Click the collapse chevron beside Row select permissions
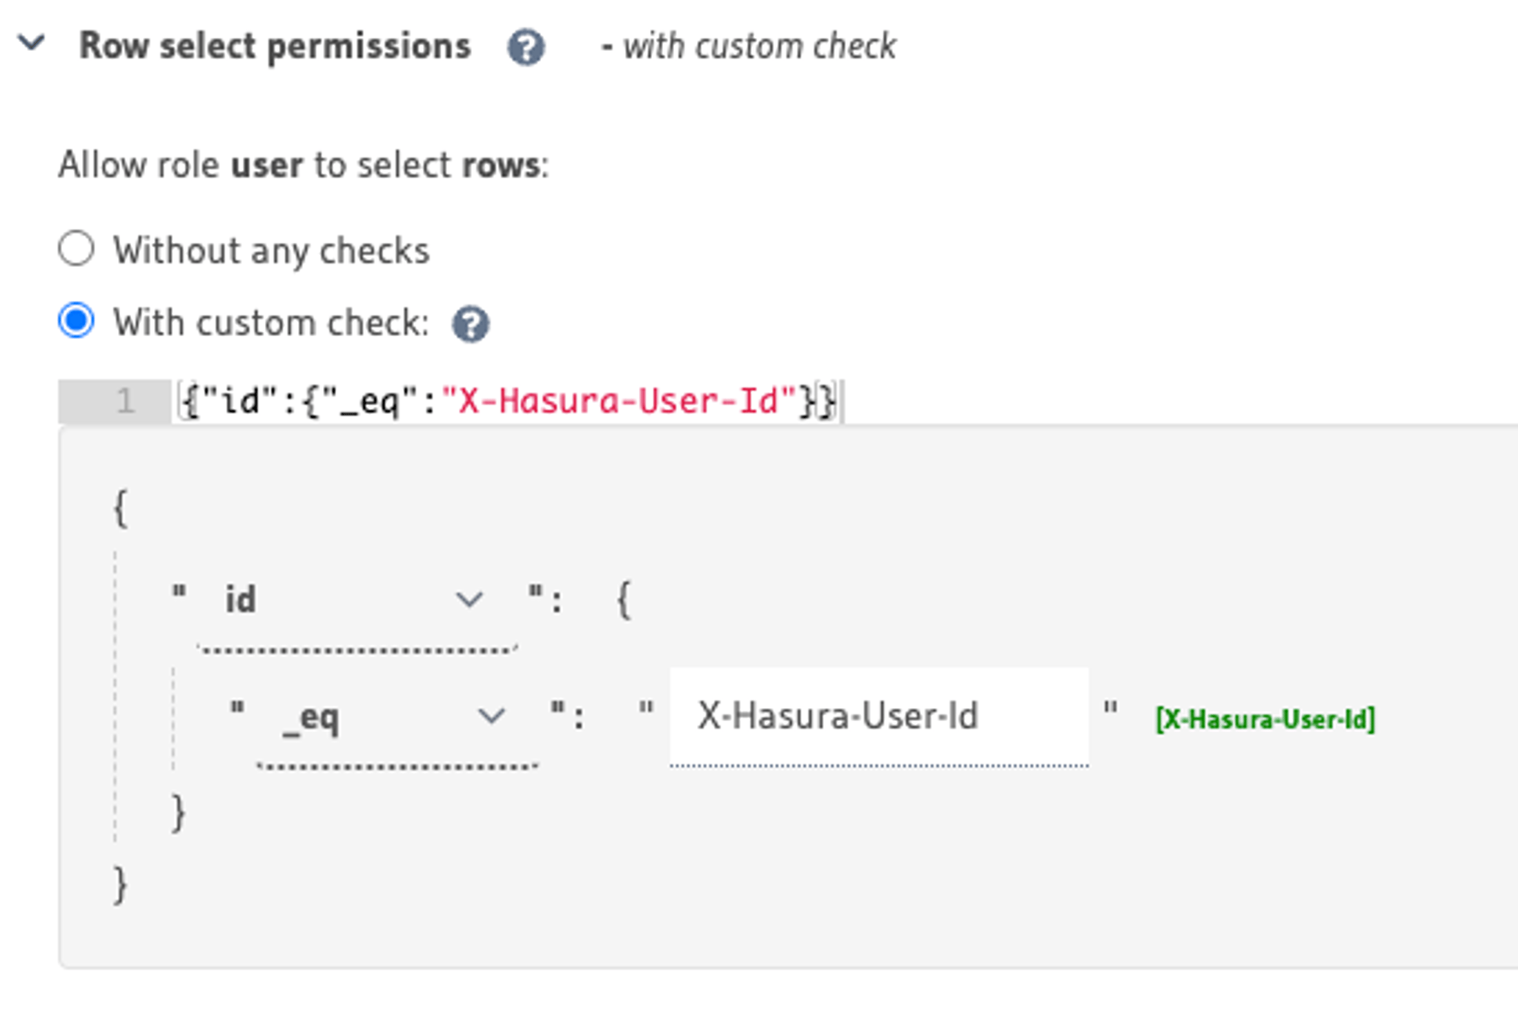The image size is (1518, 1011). (x=32, y=43)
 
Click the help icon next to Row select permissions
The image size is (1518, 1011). (x=526, y=47)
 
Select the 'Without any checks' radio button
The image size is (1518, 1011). (x=76, y=248)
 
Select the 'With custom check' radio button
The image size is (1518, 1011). (x=76, y=321)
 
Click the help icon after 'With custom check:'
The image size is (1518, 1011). (x=471, y=324)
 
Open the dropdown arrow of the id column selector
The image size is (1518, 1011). (x=469, y=599)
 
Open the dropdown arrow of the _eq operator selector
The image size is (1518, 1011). (x=491, y=716)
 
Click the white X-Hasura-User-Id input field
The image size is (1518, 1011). (x=878, y=716)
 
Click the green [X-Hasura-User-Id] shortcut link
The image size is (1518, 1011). (x=1265, y=720)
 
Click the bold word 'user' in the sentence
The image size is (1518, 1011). (x=266, y=166)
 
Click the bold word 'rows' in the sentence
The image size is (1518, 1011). (x=501, y=166)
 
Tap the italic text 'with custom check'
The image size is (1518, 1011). (x=759, y=47)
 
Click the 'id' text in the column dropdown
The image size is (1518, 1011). (x=240, y=599)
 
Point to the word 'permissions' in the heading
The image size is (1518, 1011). (x=368, y=47)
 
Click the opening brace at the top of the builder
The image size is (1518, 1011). (x=121, y=508)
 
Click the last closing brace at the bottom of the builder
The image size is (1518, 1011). (x=121, y=885)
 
